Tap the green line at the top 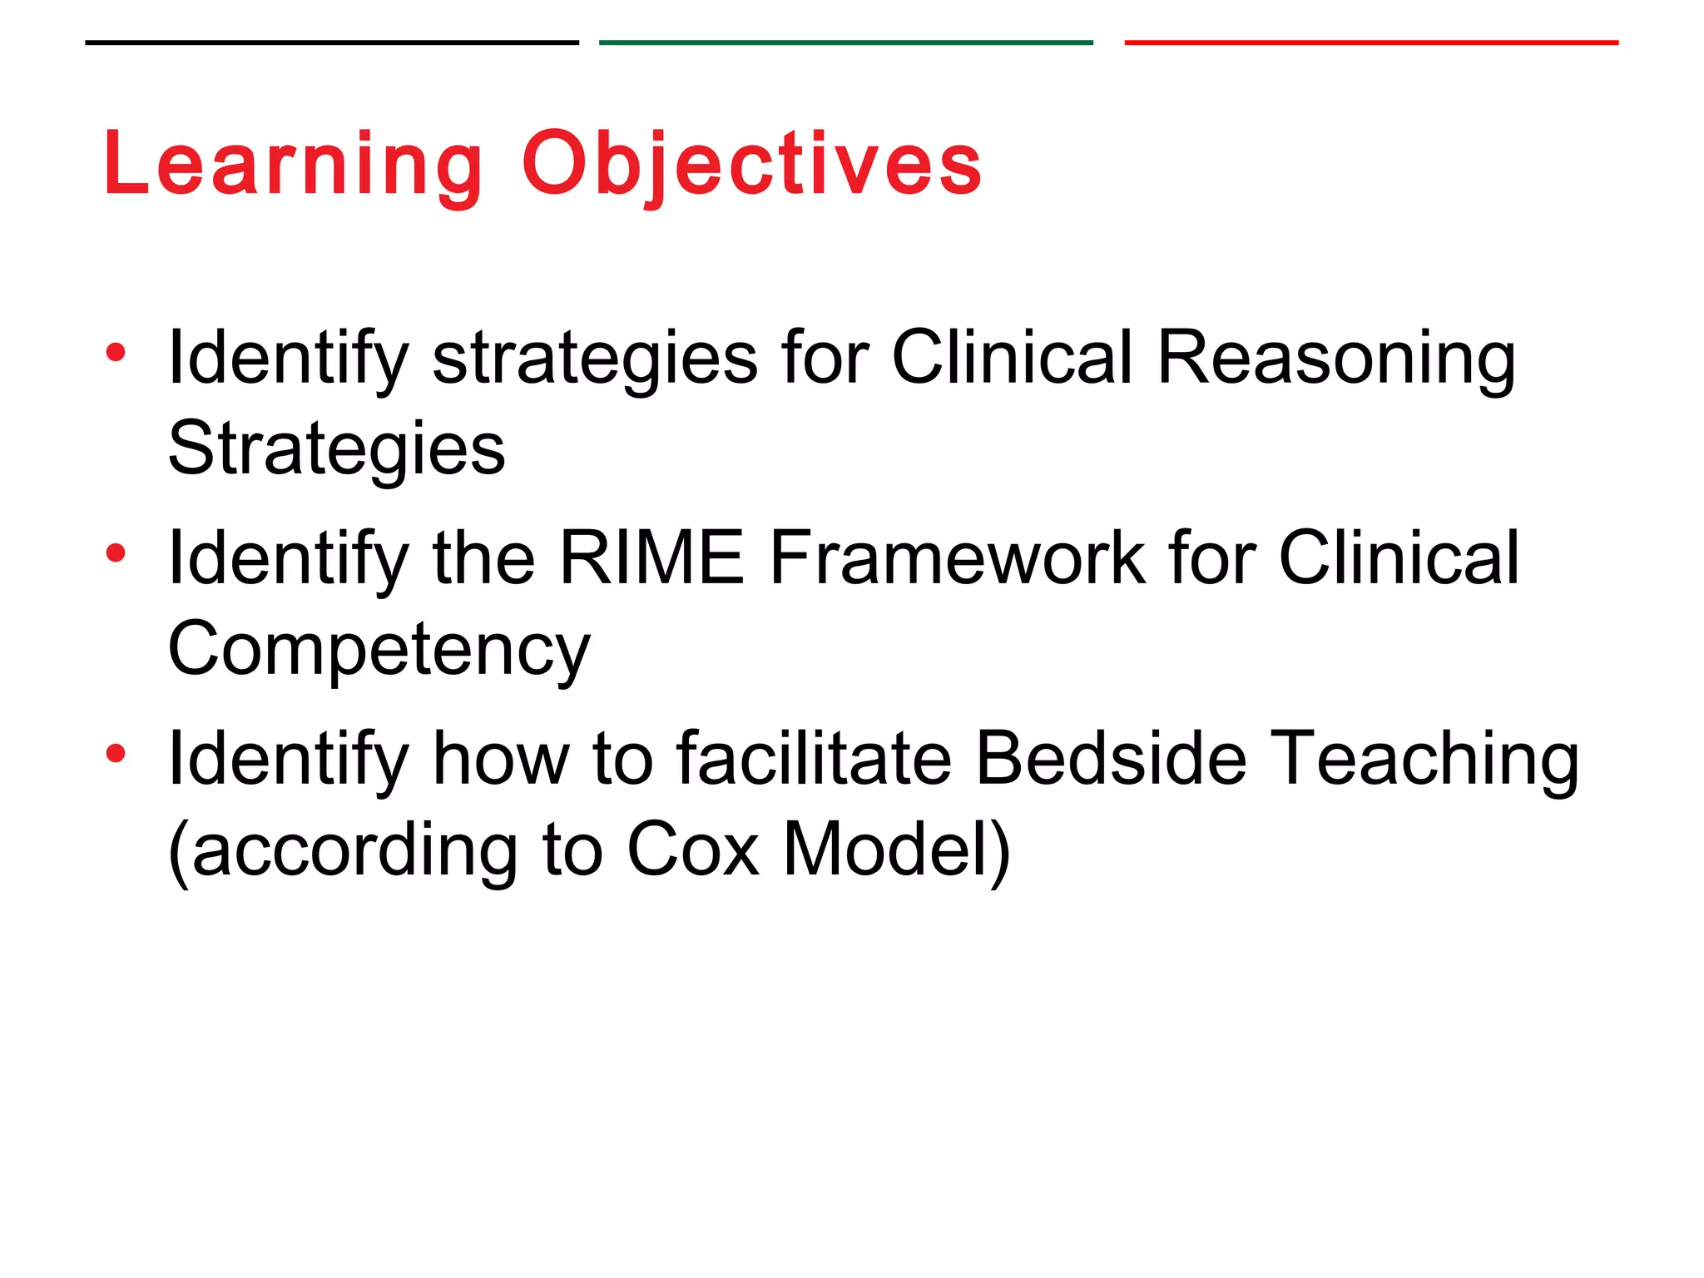point(845,42)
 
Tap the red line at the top point(1370,42)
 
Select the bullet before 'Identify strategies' point(116,353)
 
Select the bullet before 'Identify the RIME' point(116,553)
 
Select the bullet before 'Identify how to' point(116,754)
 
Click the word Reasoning point(1336,359)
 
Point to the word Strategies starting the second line point(336,449)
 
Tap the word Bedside point(1111,758)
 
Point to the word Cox point(692,850)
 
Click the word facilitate point(814,758)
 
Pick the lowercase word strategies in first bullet point(595,359)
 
